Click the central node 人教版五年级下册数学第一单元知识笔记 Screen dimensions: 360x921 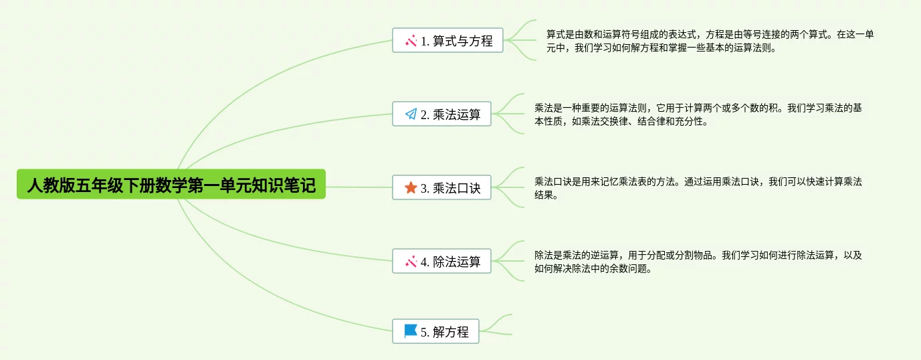[171, 184]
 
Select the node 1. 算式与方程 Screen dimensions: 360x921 [447, 41]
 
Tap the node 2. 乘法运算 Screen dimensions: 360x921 [441, 114]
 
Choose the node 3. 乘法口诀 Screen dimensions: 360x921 [441, 188]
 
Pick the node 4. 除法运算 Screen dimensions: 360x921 [441, 262]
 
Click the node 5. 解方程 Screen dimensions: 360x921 [435, 331]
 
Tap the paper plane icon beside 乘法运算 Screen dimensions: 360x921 [411, 114]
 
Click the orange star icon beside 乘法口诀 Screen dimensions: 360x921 [411, 188]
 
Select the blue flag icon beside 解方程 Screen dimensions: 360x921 [411, 331]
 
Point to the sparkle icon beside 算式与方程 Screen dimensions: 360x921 [411, 41]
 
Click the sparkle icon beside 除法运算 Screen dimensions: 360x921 [411, 262]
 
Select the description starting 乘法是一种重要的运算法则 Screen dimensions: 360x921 [698, 114]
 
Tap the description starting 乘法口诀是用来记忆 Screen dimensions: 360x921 [698, 188]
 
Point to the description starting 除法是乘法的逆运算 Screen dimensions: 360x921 [698, 262]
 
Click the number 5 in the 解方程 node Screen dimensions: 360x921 [424, 332]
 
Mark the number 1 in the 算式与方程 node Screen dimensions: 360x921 [424, 41]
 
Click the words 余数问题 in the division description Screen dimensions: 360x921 [627, 269]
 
